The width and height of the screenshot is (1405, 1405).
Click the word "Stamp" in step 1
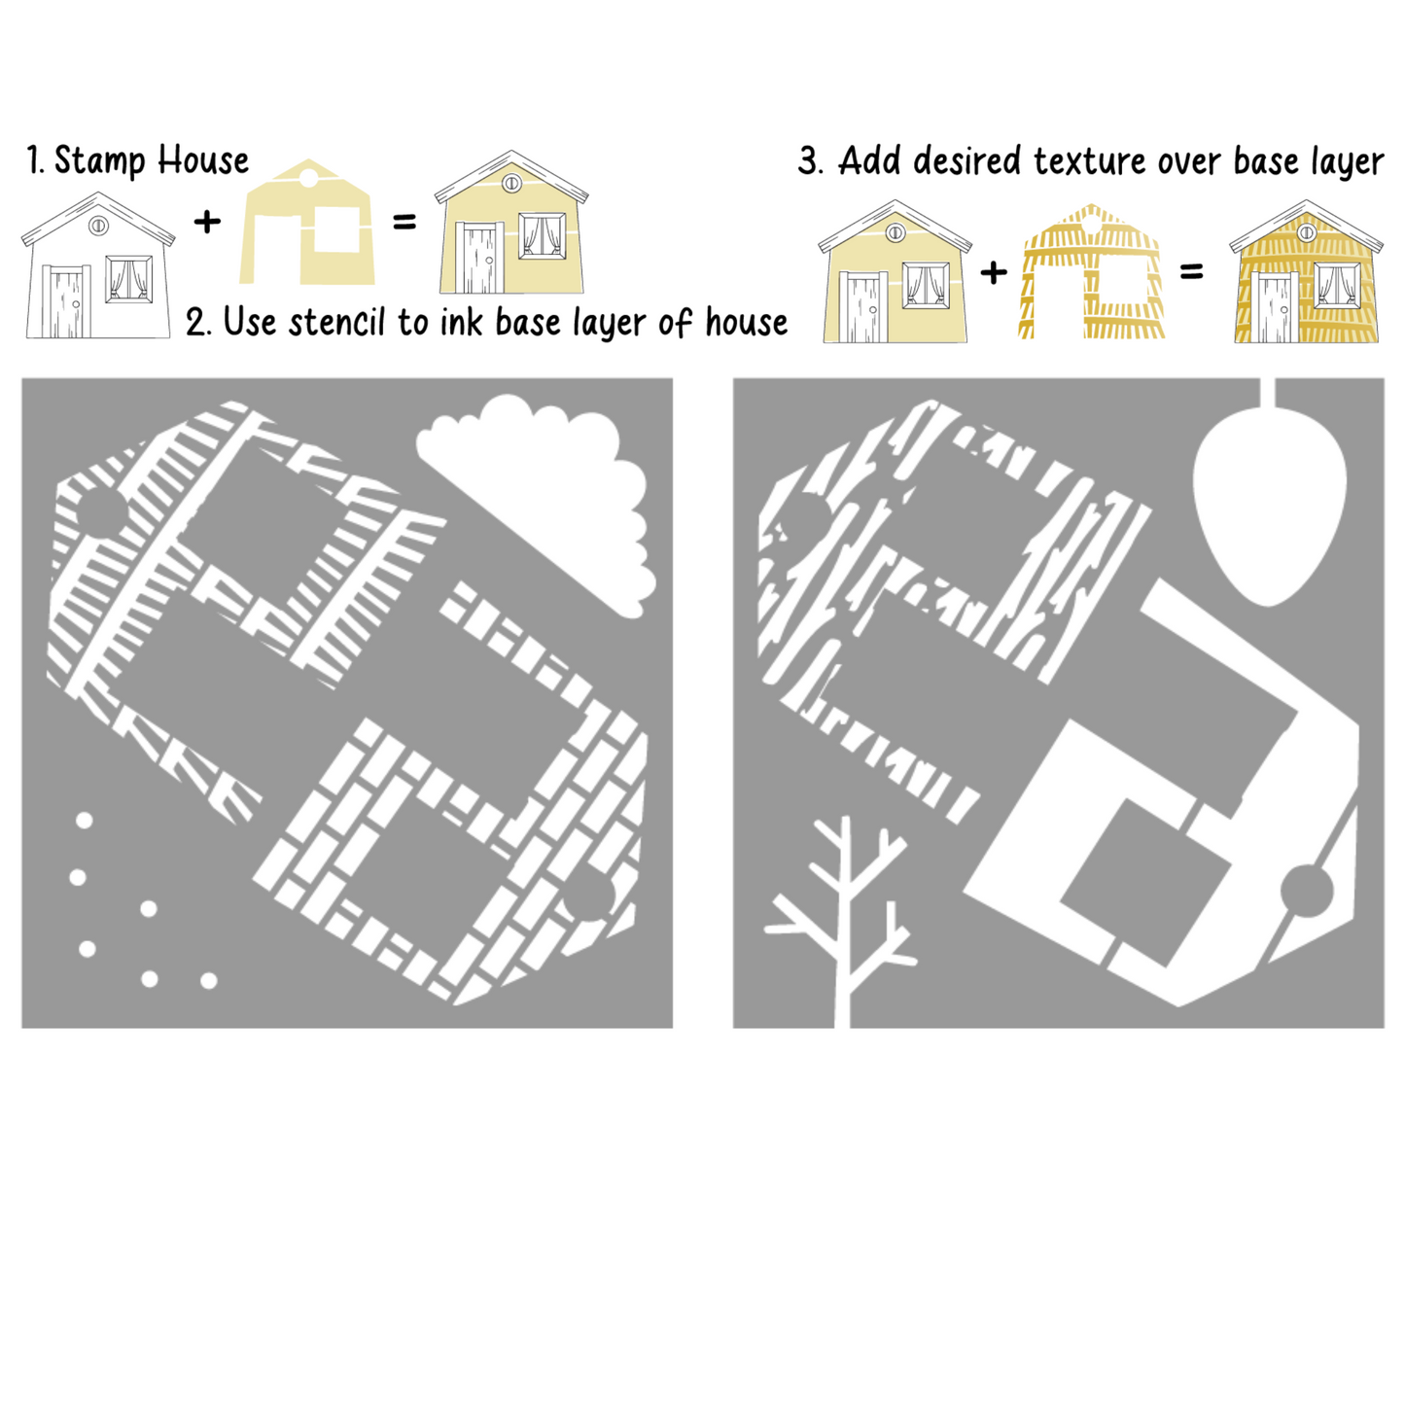click(99, 161)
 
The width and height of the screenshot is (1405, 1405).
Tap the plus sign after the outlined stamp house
click(208, 221)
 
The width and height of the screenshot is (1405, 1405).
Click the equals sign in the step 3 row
click(1191, 272)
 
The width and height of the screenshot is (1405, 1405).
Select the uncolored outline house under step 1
click(98, 265)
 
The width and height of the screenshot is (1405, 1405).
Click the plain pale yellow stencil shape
click(307, 223)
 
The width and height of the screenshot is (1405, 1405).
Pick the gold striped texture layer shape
click(1090, 271)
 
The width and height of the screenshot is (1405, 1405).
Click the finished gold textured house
click(1306, 271)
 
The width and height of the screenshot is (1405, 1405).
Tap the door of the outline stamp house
click(66, 301)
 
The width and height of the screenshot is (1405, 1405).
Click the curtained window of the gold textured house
click(1336, 285)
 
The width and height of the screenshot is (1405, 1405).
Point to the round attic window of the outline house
click(97, 226)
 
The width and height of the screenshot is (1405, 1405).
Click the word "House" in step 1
click(203, 160)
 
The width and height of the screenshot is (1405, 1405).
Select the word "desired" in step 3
click(966, 161)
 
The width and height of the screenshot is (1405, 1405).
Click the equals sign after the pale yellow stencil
click(404, 221)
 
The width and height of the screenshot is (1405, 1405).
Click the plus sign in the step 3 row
click(993, 272)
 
